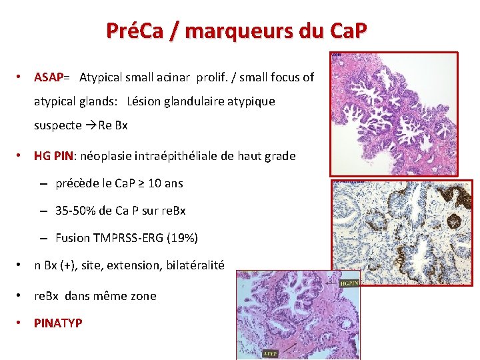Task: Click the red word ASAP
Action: point(48,77)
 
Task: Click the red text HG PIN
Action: point(54,156)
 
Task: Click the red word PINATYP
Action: point(58,323)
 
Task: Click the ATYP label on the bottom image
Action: point(271,353)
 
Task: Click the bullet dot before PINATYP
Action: point(21,323)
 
